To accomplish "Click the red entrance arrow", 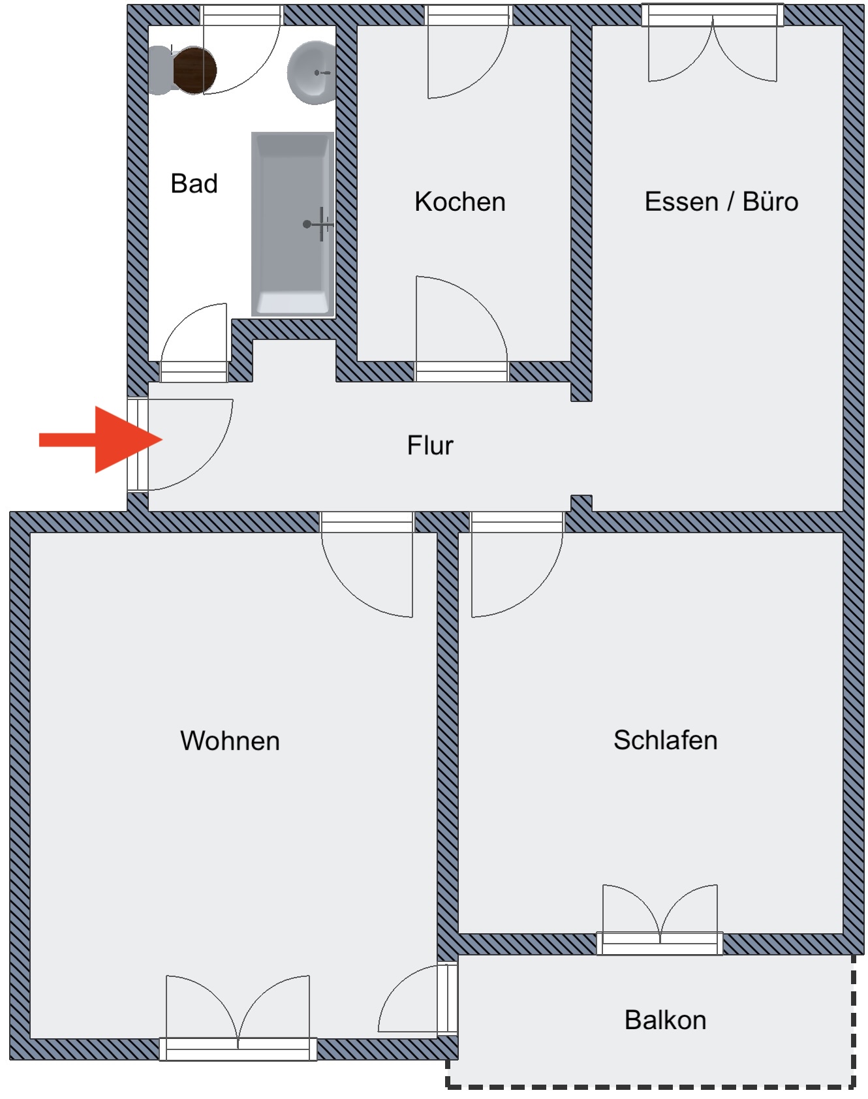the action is point(101,439).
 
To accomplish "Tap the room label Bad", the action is point(194,183).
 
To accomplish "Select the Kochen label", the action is point(460,202).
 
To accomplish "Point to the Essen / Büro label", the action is point(721,202).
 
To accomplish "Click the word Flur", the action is point(430,446).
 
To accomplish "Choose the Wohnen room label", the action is point(230,741).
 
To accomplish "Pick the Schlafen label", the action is point(665,740).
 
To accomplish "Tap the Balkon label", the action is point(665,1020).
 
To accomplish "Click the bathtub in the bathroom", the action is point(293,224).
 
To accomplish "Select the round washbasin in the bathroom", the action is point(312,72).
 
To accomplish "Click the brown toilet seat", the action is point(195,70).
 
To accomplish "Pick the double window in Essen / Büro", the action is point(713,42).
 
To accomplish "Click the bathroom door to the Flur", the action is point(194,343).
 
